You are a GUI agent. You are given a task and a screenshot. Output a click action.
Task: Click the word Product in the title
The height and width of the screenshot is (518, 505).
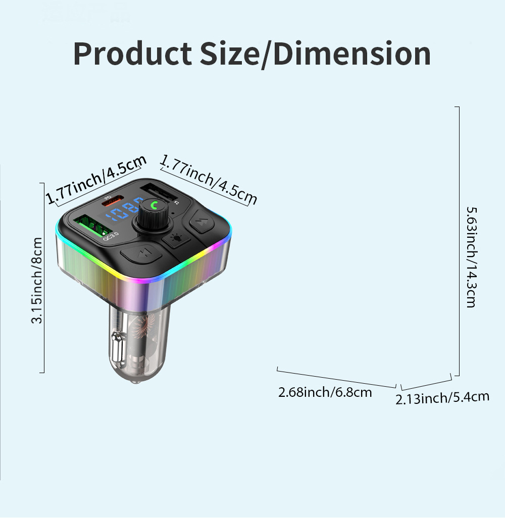coord(132,54)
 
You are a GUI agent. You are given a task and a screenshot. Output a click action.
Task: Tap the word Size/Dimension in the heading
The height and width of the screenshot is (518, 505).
coord(315,54)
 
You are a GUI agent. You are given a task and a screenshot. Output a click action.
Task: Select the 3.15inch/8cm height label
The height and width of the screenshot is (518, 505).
coord(37,280)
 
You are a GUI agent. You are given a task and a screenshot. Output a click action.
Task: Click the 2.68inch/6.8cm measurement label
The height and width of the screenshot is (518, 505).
coord(325,392)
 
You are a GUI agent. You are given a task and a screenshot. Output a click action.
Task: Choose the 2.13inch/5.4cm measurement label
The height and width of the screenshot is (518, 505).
coord(442,398)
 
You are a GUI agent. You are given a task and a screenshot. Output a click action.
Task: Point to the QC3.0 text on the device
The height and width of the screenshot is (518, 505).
coord(111,236)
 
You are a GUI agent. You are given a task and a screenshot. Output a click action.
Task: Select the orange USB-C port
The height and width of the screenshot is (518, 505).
coord(113,200)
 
